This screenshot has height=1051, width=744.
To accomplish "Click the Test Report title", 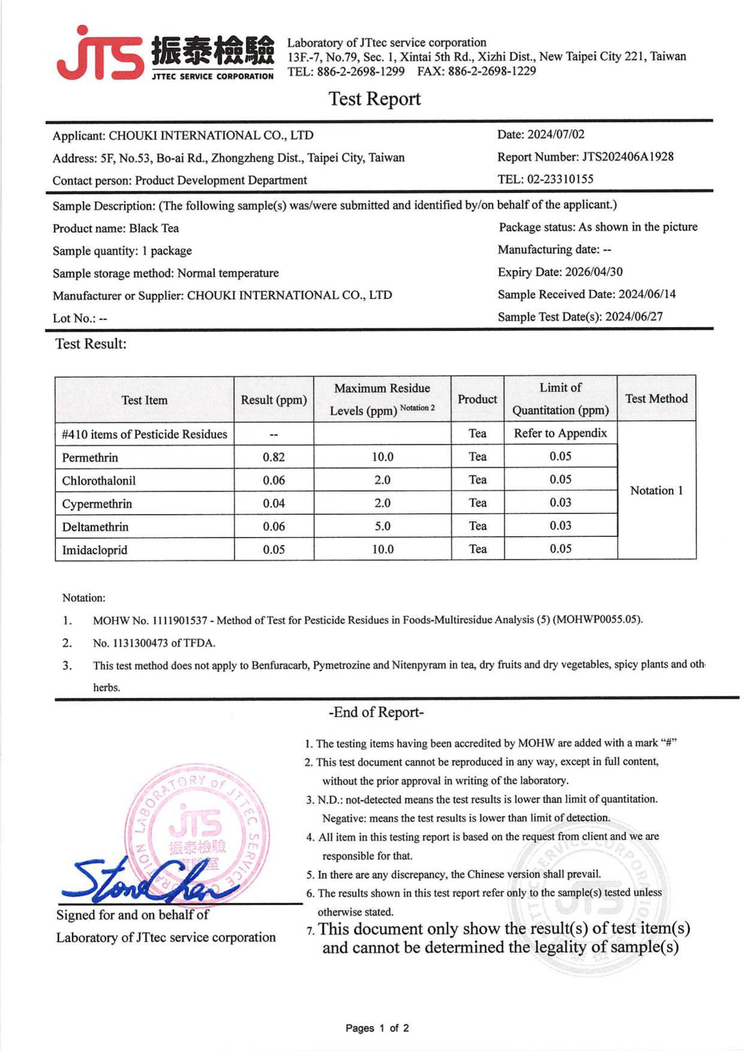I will coord(374,99).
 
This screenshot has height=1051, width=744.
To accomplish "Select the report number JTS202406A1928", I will coord(627,157).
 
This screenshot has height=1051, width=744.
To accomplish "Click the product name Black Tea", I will coord(154,228).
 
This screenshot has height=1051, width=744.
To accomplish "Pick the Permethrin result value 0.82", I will coord(274,457).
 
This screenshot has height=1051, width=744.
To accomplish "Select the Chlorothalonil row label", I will coord(99,480).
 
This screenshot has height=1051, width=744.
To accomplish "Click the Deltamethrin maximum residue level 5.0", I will coord(382,526).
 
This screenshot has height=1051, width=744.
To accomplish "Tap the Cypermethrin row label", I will coord(97,504).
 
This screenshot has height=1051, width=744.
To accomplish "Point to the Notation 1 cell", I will coord(656,490).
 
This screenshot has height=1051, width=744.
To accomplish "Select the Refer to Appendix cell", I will coord(560,433).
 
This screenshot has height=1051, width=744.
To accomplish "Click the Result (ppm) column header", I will coord(274,400).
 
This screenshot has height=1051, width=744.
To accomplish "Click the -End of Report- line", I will coord(375,712).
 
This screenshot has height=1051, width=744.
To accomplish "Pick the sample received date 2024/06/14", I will coord(646,294).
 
